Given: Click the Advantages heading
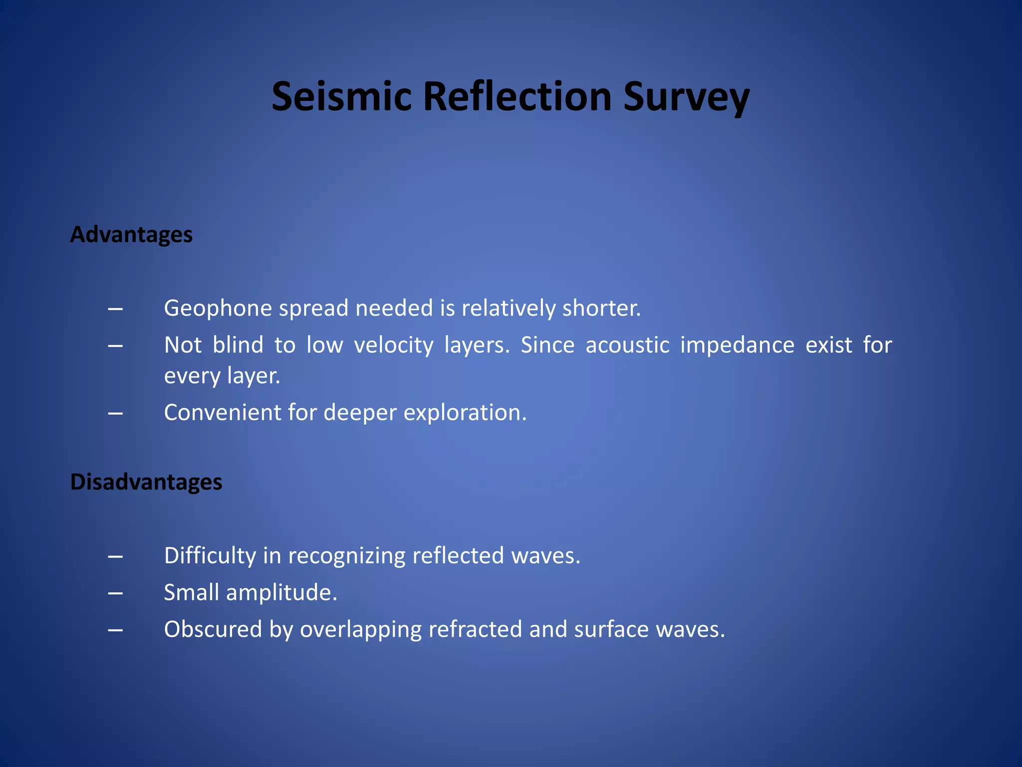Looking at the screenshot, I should pyautogui.click(x=131, y=235).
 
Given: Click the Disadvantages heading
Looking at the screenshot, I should pyautogui.click(x=146, y=482).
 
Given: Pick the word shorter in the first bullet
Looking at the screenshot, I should pyautogui.click(x=601, y=308).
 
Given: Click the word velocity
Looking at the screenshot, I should pyautogui.click(x=394, y=346).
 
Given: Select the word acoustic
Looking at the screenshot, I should pyautogui.click(x=627, y=345).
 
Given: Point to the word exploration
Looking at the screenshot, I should pyautogui.click(x=465, y=413).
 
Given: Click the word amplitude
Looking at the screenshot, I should pyautogui.click(x=281, y=593).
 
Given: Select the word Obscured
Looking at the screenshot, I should pyautogui.click(x=213, y=629).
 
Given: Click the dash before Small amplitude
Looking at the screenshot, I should pyautogui.click(x=115, y=593).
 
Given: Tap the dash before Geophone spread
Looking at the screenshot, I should pyautogui.click(x=115, y=309).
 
